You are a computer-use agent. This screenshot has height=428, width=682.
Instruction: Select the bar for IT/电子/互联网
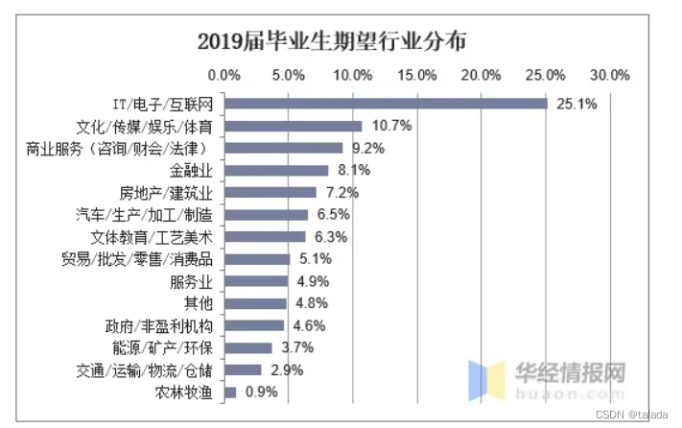385,104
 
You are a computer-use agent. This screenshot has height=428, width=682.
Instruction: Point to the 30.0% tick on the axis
609,75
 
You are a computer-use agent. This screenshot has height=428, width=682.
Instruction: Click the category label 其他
197,303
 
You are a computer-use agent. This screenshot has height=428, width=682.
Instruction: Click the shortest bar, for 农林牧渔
229,392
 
